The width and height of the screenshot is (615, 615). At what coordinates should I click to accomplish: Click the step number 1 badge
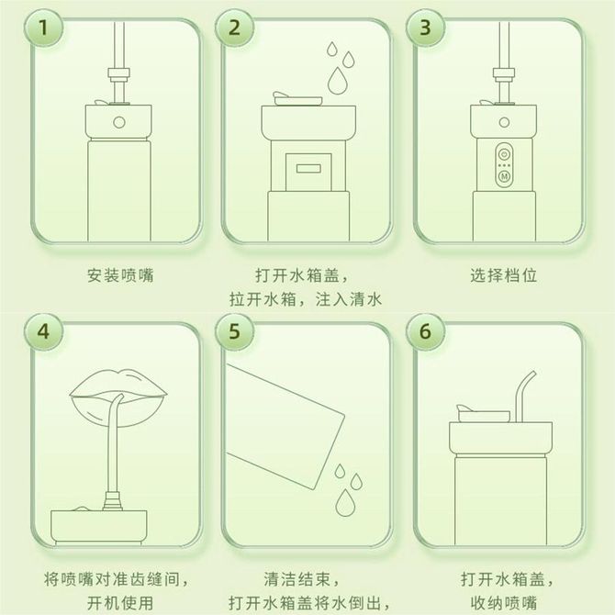[x=43, y=28]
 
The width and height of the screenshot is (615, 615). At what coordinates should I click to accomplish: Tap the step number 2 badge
[x=234, y=28]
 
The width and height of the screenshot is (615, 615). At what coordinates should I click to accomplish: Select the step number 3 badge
[x=425, y=28]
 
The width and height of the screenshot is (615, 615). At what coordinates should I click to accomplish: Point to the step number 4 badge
[x=43, y=331]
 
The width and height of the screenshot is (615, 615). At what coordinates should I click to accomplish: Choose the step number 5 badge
[x=234, y=331]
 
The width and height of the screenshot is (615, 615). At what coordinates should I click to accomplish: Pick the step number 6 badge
[x=425, y=331]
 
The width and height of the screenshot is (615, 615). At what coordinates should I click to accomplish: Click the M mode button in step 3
[x=505, y=176]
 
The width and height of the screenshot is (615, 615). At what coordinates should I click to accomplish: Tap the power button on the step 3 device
[x=505, y=153]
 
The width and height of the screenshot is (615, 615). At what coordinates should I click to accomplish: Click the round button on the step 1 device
[x=119, y=122]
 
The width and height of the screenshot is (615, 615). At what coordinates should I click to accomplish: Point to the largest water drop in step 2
[x=337, y=81]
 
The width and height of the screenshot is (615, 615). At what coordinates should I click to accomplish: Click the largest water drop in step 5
[x=345, y=502]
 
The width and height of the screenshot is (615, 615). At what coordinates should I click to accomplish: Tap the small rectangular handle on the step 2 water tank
[x=308, y=169]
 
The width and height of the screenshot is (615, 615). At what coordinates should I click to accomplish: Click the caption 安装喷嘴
[x=120, y=275]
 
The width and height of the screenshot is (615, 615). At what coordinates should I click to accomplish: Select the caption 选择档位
[x=504, y=275]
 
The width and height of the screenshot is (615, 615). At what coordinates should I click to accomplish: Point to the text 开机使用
[x=120, y=603]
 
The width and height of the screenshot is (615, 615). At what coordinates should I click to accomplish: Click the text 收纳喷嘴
[x=504, y=603]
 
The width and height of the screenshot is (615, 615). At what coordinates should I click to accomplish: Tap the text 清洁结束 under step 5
[x=296, y=579]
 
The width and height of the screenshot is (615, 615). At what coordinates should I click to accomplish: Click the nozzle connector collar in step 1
[x=118, y=75]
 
